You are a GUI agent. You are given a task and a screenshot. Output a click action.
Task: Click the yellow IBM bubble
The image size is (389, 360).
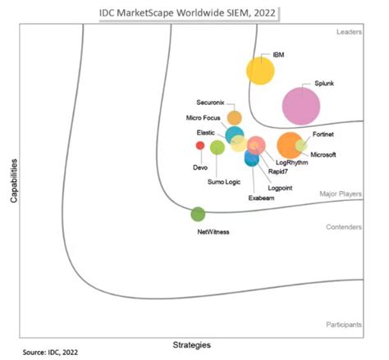pyautogui.click(x=260, y=71)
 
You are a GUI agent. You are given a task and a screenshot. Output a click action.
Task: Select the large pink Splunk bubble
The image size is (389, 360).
pyautogui.click(x=301, y=104)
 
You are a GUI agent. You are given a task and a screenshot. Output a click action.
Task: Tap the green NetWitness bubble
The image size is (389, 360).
pyautogui.click(x=198, y=214)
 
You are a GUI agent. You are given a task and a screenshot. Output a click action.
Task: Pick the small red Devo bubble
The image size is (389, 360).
pyautogui.click(x=199, y=145)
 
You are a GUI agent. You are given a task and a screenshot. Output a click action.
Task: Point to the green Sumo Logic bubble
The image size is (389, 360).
pyautogui.click(x=217, y=148)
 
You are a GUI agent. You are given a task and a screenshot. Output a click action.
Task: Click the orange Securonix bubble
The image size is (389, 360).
pyautogui.click(x=235, y=117)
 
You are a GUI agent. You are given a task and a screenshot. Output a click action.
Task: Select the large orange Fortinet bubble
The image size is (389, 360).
pyautogui.click(x=289, y=145)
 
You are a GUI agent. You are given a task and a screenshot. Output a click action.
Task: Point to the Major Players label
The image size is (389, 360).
pyautogui.click(x=341, y=194)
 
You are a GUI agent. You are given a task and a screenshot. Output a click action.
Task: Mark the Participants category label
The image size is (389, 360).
pyautogui.click(x=344, y=325)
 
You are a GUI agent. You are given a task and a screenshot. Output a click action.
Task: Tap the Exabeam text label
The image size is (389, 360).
pyautogui.click(x=261, y=198)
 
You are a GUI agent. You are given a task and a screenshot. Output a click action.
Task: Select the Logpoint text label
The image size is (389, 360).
pyautogui.click(x=282, y=185)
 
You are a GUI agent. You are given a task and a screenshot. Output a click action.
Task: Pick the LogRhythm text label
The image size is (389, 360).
pyautogui.click(x=291, y=162)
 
